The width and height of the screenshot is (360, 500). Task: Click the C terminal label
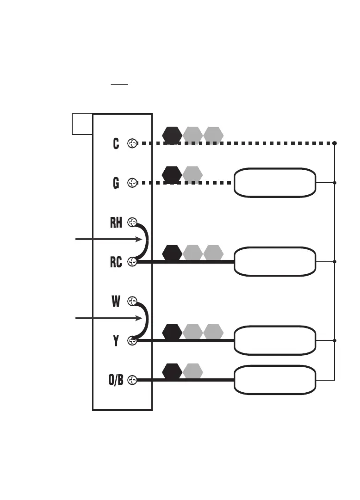(x=116, y=144)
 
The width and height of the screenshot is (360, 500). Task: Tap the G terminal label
(x=116, y=183)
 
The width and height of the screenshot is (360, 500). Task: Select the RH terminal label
(x=116, y=222)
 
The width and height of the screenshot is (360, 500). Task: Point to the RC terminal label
(x=116, y=262)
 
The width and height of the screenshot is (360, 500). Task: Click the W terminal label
(x=116, y=302)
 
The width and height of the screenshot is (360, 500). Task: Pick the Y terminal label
(x=116, y=341)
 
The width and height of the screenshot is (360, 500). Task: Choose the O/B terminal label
(x=116, y=380)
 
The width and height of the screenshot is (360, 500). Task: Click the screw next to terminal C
(x=132, y=144)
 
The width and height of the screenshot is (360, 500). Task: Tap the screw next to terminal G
(x=132, y=183)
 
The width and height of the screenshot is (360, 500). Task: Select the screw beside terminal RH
(x=132, y=222)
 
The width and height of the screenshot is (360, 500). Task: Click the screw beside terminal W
(x=132, y=302)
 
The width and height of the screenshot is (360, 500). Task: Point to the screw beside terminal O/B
(x=132, y=380)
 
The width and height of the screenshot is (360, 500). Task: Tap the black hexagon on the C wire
(x=172, y=135)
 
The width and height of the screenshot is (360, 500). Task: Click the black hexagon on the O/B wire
(x=172, y=371)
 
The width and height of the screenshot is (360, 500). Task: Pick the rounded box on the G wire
(x=275, y=183)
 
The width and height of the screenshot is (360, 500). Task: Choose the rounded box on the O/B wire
(x=275, y=380)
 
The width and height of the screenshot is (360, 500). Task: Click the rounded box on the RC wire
(x=275, y=261)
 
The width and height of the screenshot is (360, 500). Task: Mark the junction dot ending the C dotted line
(x=335, y=143)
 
